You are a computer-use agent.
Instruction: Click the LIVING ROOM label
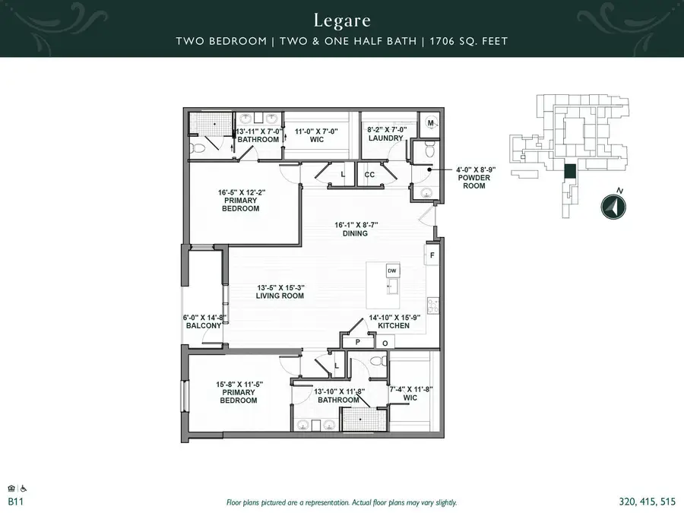(280, 296)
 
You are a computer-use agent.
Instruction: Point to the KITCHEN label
(394, 325)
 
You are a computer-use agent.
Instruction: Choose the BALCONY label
(203, 325)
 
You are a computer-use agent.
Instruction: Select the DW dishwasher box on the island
(392, 271)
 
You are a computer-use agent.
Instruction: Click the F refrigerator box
(432, 256)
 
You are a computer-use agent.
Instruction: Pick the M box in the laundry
(430, 123)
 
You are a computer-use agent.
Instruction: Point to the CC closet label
(370, 175)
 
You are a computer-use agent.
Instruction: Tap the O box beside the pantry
(385, 344)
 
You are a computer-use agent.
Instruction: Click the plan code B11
(14, 502)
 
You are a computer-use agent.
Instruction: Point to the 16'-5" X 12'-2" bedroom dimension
(241, 192)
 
